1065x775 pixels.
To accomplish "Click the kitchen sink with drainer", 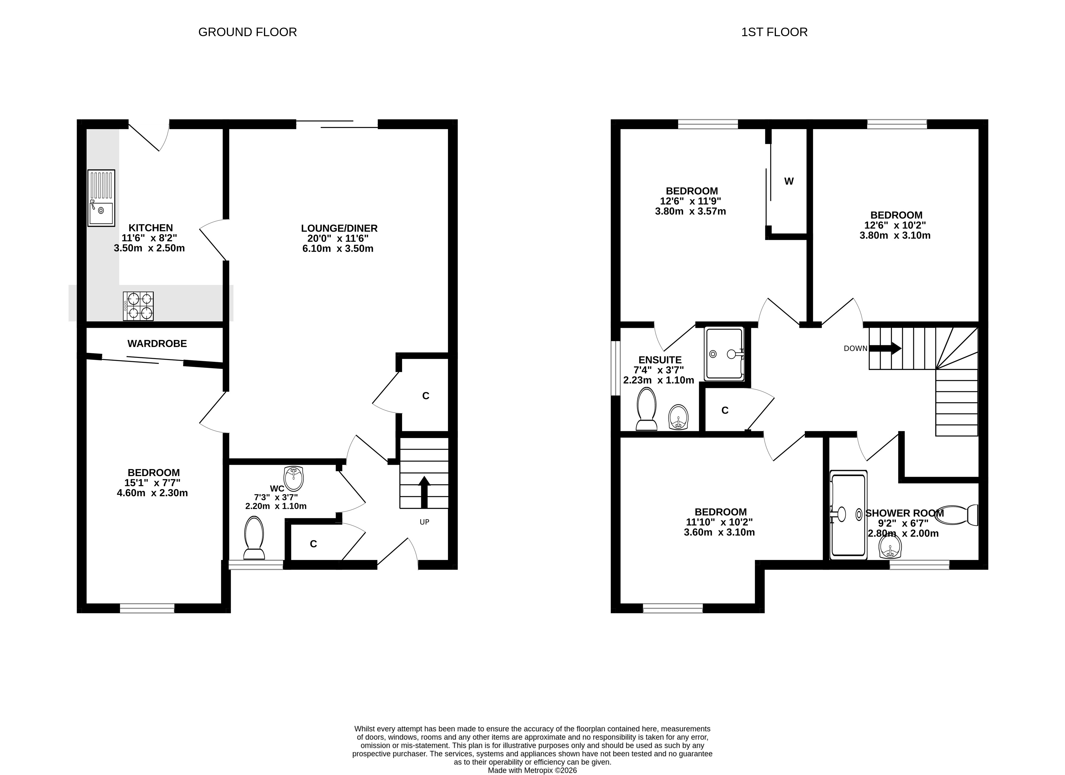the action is pos(101,198).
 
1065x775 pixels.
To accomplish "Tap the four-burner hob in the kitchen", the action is pos(138,306).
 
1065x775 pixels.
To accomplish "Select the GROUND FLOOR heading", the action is pos(247,32).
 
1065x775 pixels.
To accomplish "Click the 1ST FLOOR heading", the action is pos(774,32).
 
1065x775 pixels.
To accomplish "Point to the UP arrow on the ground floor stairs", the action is pos(424,492).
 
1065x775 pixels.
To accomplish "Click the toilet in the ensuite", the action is pos(647,409).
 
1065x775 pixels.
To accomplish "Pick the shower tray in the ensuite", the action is pos(724,354).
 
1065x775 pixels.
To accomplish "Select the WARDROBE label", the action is pos(157,343).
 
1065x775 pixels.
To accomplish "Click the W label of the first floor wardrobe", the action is pos(789,181).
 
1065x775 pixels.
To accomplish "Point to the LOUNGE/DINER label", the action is pos(339,228).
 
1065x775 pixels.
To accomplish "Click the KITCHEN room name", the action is pos(151,228).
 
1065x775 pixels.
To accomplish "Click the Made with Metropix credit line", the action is pos(533,770).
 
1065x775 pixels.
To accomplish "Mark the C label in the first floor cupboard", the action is pos(725,410).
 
